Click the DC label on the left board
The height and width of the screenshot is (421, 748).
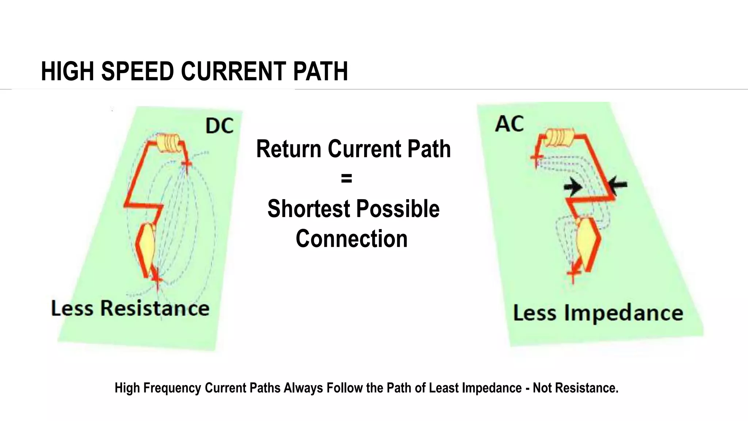(x=219, y=126)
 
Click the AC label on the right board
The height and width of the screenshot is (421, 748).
(x=509, y=124)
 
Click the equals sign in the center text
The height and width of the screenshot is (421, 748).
(x=346, y=179)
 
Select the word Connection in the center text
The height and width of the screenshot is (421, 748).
(x=351, y=239)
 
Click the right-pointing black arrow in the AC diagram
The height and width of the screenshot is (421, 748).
(x=573, y=187)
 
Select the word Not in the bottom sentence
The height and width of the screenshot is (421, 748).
(x=542, y=388)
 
